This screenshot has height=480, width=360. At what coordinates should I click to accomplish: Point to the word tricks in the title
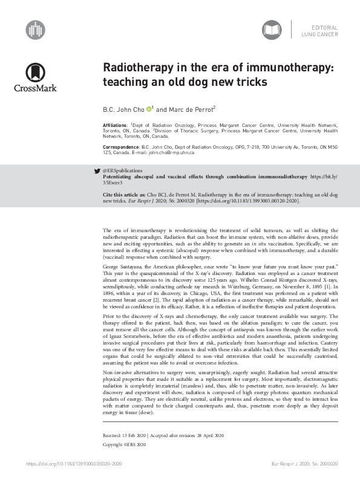click(249, 81)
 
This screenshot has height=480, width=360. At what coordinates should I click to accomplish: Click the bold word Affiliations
click(116, 124)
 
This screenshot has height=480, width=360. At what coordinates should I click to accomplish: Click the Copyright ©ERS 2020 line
click(125, 444)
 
